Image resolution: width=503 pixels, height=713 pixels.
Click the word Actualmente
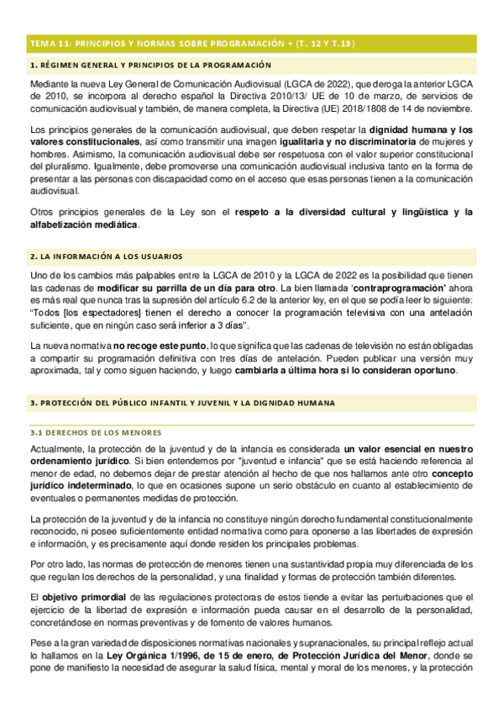pos(56,450)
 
